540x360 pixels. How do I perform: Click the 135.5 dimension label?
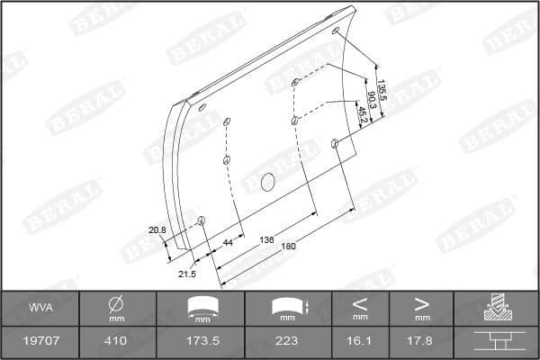(382, 89)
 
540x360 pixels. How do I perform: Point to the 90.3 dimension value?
(372, 99)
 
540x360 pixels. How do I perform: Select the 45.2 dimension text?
(362, 114)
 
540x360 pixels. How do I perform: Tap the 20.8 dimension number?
(157, 230)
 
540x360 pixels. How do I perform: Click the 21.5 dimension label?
(187, 273)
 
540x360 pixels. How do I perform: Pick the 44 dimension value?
(228, 244)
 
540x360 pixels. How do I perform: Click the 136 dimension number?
(266, 240)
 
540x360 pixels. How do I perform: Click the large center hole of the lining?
(267, 183)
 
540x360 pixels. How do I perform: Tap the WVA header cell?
(40, 308)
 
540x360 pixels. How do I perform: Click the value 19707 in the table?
(40, 342)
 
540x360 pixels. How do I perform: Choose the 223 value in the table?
(288, 342)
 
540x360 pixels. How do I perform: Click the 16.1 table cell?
(360, 342)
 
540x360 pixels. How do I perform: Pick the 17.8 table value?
(421, 342)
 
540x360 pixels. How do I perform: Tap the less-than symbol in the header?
(360, 302)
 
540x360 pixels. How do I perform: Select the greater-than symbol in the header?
(421, 302)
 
